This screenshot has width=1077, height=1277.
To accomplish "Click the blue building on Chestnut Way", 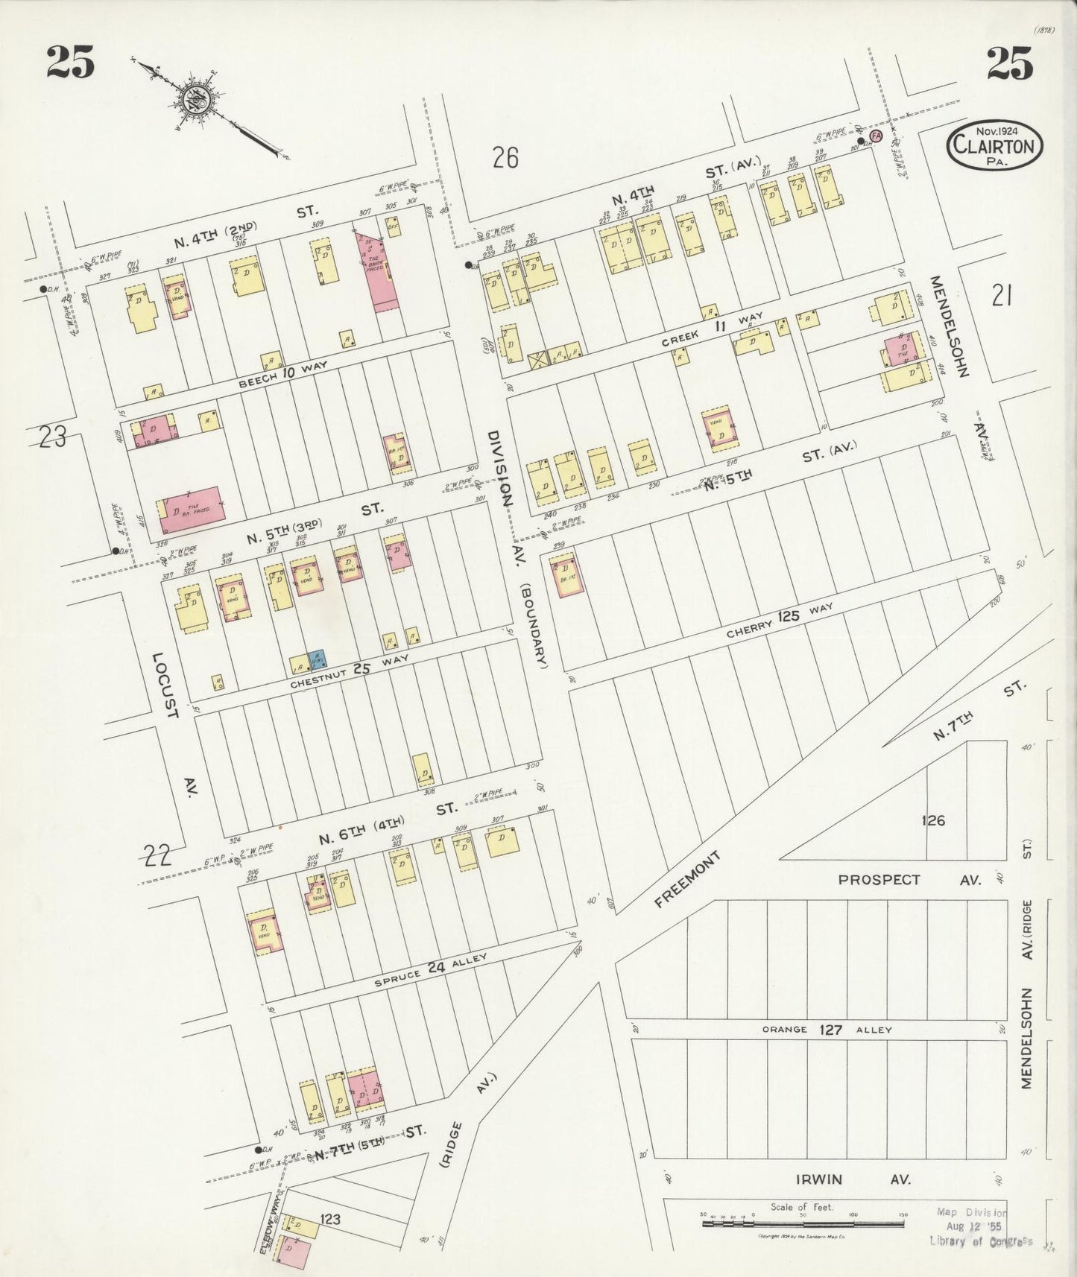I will coord(317,659).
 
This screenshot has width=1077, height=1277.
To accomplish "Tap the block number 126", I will coord(933,820).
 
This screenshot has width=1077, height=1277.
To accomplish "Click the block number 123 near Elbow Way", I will coord(329,1220).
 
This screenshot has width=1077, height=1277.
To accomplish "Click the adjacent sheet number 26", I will coord(505,158).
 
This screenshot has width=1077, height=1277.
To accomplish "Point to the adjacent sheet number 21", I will coord(1000,297).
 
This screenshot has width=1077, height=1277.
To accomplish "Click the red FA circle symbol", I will coord(876,136).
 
